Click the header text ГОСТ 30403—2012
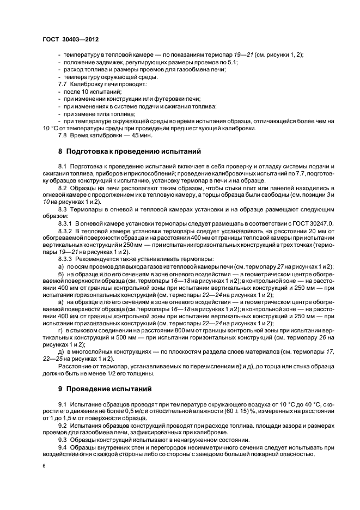coord(71,40)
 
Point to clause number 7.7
coord(64,86)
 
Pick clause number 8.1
coord(63,166)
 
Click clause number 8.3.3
coord(66,258)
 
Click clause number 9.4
coord(63,446)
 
